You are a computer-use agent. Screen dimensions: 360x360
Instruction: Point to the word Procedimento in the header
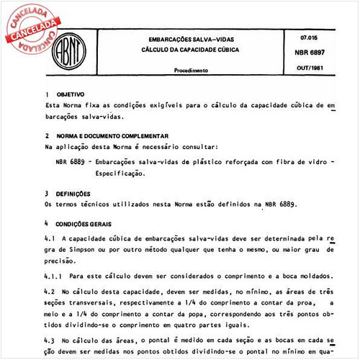[192, 71]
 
